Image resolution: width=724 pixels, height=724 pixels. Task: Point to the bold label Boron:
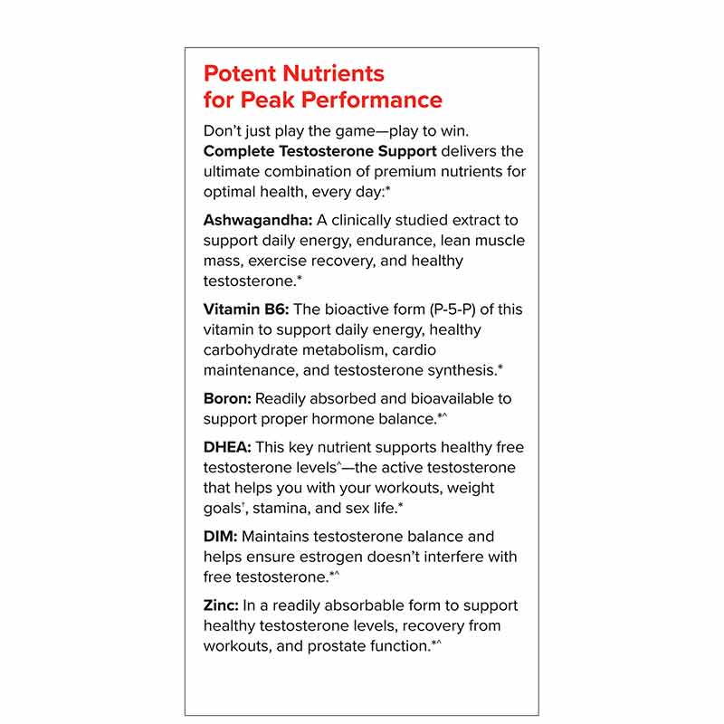[227, 398]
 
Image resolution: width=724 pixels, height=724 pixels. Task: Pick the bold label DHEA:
[227, 447]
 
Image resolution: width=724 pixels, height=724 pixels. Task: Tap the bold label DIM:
[220, 537]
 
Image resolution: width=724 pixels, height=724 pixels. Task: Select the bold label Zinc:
[223, 605]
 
